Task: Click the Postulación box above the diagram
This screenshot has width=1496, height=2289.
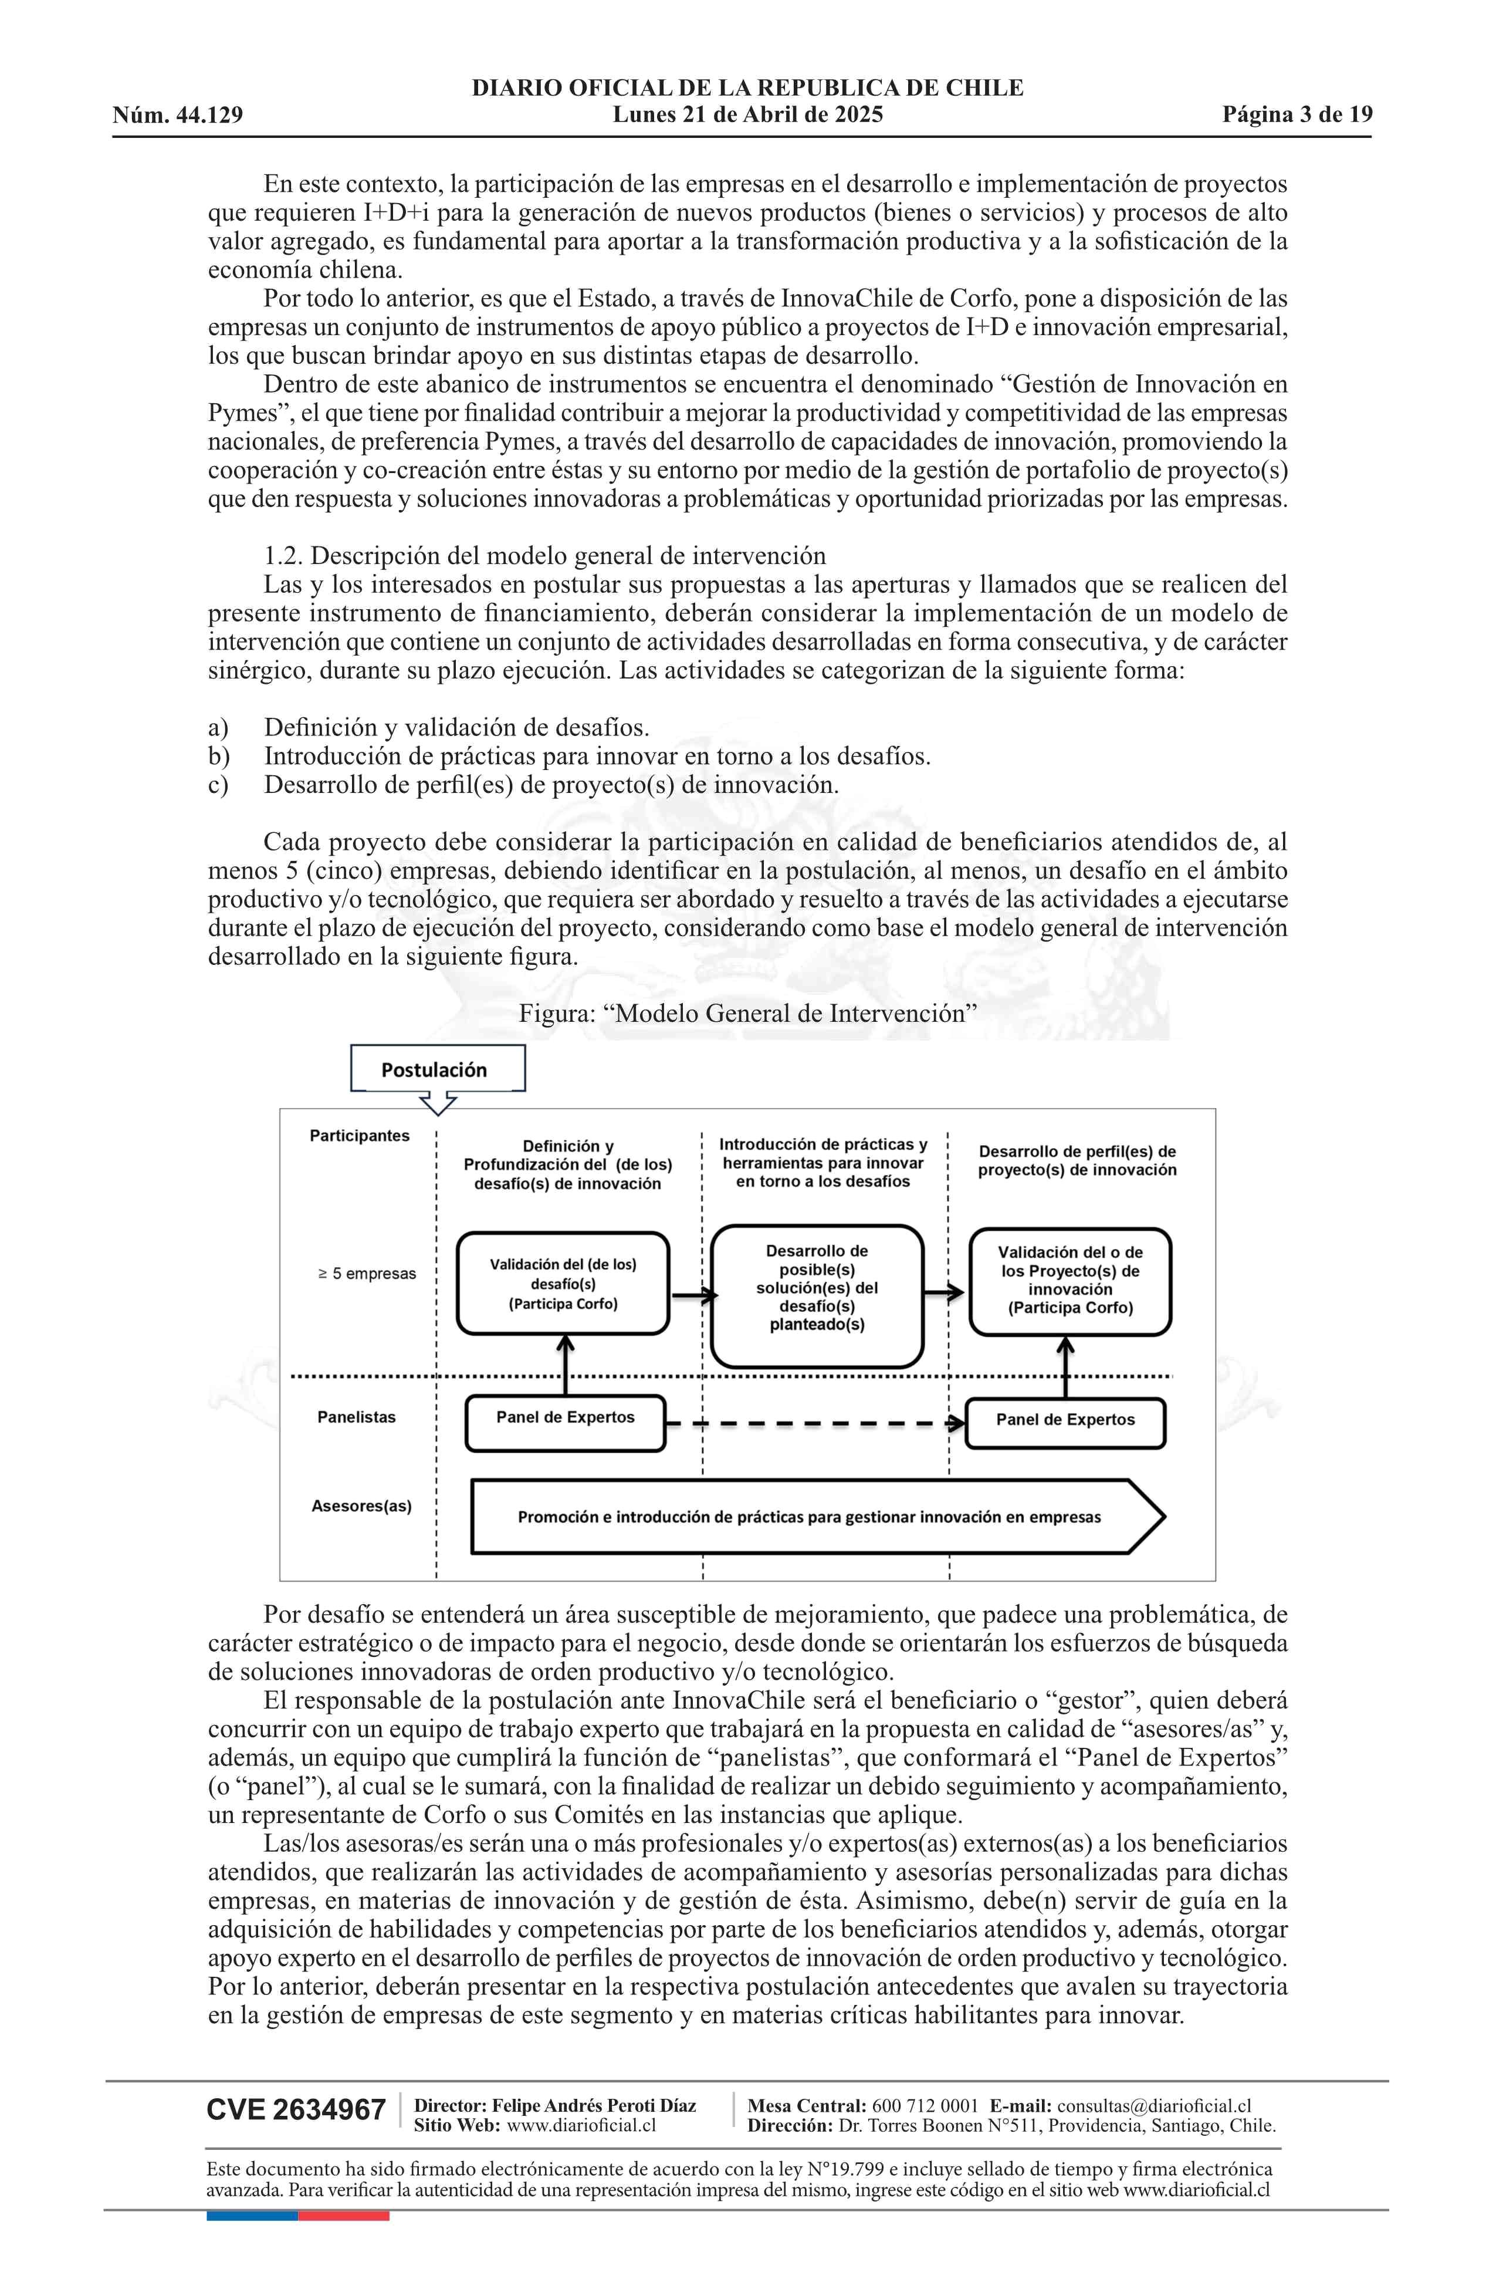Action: [x=438, y=1069]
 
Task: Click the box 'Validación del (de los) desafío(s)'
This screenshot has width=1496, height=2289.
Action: [x=563, y=1284]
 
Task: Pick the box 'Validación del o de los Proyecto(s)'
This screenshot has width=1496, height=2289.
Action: [x=1070, y=1281]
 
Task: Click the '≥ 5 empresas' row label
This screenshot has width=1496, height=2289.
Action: [x=367, y=1274]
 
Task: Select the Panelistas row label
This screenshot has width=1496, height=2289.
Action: [x=357, y=1417]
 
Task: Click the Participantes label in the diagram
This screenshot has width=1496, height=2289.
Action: [x=360, y=1136]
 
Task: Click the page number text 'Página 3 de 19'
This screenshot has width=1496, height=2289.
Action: [x=1297, y=116]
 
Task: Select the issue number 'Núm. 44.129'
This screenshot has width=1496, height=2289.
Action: [x=178, y=116]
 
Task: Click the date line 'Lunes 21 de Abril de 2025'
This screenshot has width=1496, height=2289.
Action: [x=748, y=116]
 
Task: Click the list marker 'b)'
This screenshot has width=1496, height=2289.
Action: [x=219, y=756]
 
